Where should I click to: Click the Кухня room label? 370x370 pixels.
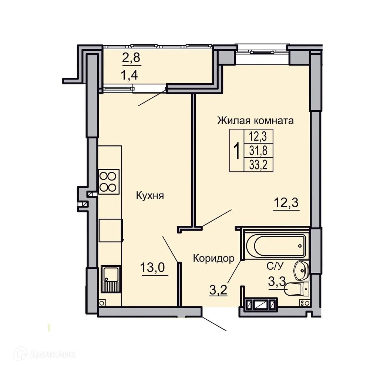point(149,195)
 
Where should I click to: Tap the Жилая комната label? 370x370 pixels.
point(255,121)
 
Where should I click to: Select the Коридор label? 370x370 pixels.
point(213,258)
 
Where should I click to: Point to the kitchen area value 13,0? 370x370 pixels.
point(154,267)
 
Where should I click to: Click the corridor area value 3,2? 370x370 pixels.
point(218,289)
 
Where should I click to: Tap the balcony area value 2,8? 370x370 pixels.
point(132,58)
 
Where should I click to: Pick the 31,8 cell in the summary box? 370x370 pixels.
point(258,151)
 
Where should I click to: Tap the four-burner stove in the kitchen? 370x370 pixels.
point(108,181)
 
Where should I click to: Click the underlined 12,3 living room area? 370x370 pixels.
point(286,203)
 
